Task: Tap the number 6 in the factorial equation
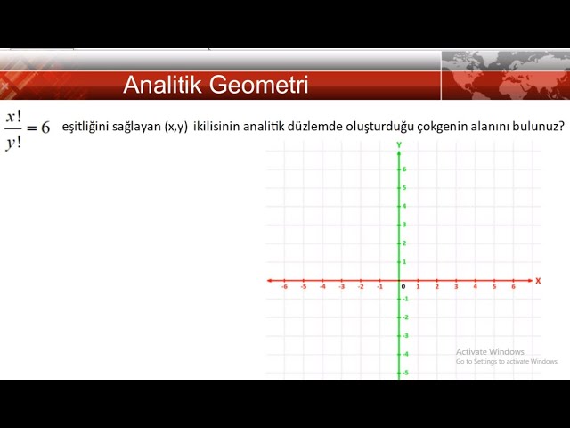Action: pos(45,128)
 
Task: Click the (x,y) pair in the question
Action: pos(176,128)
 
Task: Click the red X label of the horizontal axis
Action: pos(538,281)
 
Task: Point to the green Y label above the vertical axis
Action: pos(400,144)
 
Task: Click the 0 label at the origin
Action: pos(403,286)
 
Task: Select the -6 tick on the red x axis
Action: pos(284,286)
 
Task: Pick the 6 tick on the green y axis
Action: pos(404,169)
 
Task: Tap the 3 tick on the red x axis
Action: pos(456,286)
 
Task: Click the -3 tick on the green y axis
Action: pos(404,335)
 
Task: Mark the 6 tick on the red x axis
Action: pos(513,286)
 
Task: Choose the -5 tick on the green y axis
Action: pos(404,372)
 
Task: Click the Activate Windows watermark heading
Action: pos(490,351)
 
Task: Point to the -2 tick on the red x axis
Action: pos(361,286)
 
